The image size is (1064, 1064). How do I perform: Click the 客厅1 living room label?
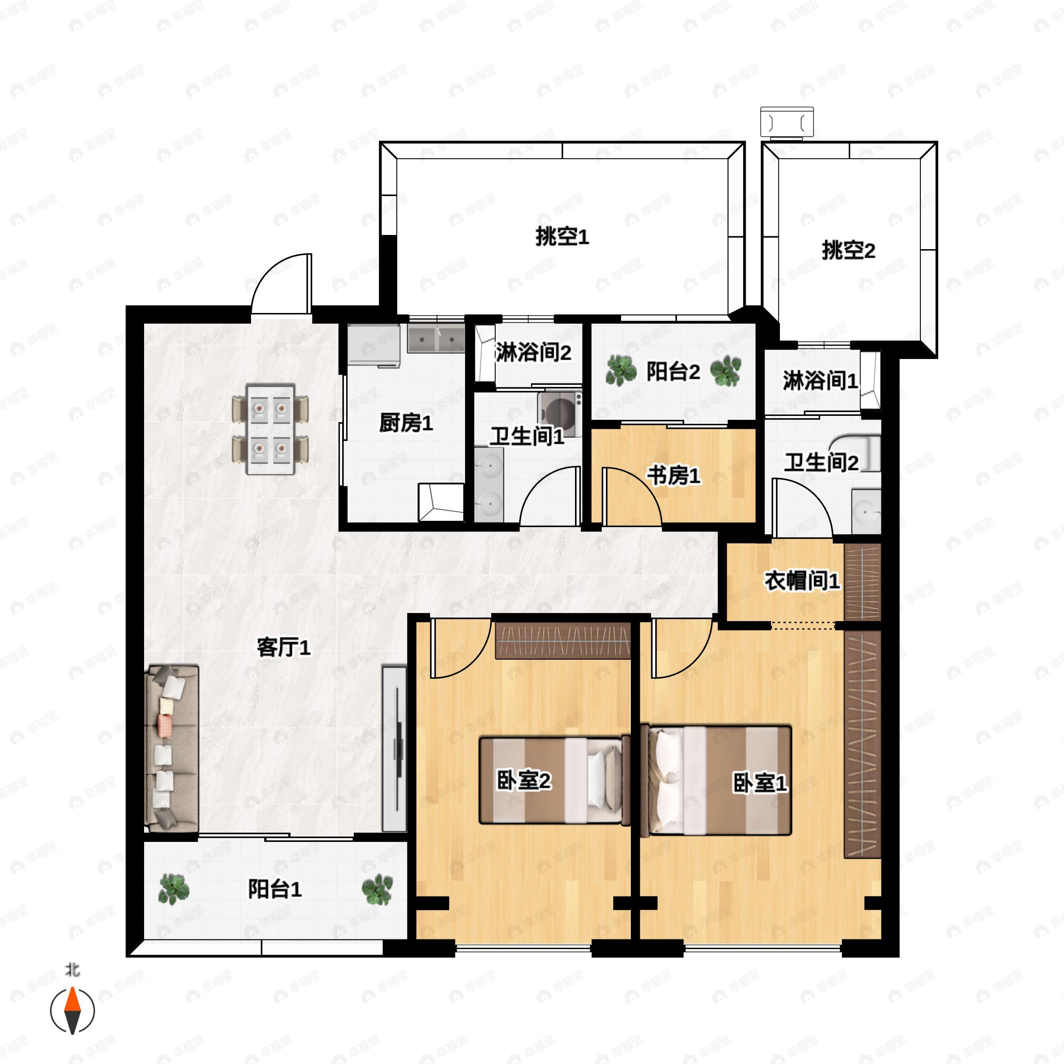(284, 647)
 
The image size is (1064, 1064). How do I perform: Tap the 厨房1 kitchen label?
(406, 423)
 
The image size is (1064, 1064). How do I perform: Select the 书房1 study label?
(673, 475)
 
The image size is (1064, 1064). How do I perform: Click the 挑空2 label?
(848, 250)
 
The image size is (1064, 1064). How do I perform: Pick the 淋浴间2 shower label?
(533, 352)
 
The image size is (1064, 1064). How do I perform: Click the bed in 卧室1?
(716, 780)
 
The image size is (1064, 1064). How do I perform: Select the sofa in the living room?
(171, 748)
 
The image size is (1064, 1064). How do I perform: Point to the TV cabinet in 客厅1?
(394, 749)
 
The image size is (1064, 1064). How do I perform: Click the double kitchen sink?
(436, 339)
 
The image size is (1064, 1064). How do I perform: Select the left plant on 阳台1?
(173, 889)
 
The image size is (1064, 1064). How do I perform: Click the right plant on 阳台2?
(725, 371)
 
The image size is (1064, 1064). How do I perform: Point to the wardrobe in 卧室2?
(562, 641)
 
